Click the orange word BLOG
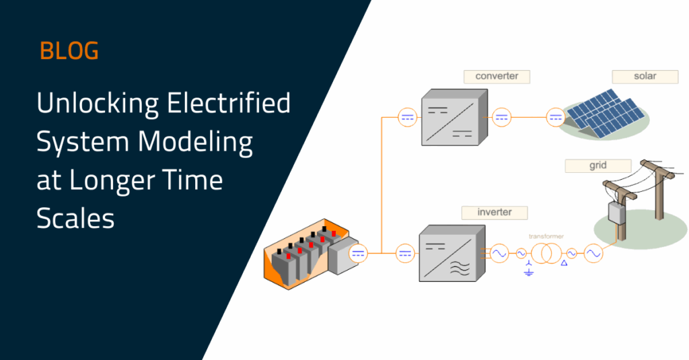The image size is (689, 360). pyautogui.click(x=69, y=50)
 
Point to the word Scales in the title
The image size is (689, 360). pyautogui.click(x=75, y=219)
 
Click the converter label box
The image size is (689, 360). pyautogui.click(x=497, y=77)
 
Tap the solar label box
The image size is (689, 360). pyautogui.click(x=645, y=77)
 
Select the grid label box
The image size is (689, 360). pyautogui.click(x=598, y=166)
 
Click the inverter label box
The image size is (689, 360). pyautogui.click(x=495, y=213)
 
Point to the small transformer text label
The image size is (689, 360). pyautogui.click(x=546, y=236)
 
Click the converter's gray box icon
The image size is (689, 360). pyautogui.click(x=454, y=117)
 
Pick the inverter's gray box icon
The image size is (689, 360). pyautogui.click(x=452, y=253)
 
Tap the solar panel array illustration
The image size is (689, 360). pyautogui.click(x=605, y=114)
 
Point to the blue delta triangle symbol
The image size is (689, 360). pyautogui.click(x=564, y=263)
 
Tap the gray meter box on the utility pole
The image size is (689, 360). pyautogui.click(x=616, y=213)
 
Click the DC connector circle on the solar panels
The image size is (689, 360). pyautogui.click(x=555, y=117)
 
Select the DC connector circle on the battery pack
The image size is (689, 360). pyautogui.click(x=358, y=254)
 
